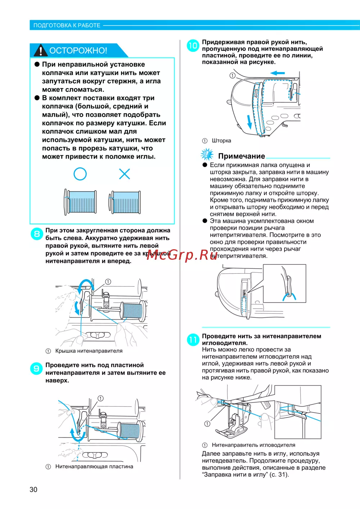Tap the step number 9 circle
(x=36, y=369)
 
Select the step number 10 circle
(x=193, y=46)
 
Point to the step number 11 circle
(x=193, y=340)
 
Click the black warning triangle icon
(x=40, y=50)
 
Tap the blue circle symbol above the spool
(x=80, y=174)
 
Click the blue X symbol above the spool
(x=125, y=174)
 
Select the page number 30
(x=33, y=490)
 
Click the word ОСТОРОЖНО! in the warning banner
(x=78, y=50)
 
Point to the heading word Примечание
(x=242, y=156)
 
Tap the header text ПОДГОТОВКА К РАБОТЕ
(x=67, y=25)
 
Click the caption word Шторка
(x=221, y=140)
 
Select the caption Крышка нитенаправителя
(x=89, y=351)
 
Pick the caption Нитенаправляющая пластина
(x=94, y=466)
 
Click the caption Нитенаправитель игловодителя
(x=253, y=445)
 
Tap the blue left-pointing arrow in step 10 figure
(x=277, y=73)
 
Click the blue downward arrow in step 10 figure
(x=249, y=122)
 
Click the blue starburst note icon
(x=207, y=155)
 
